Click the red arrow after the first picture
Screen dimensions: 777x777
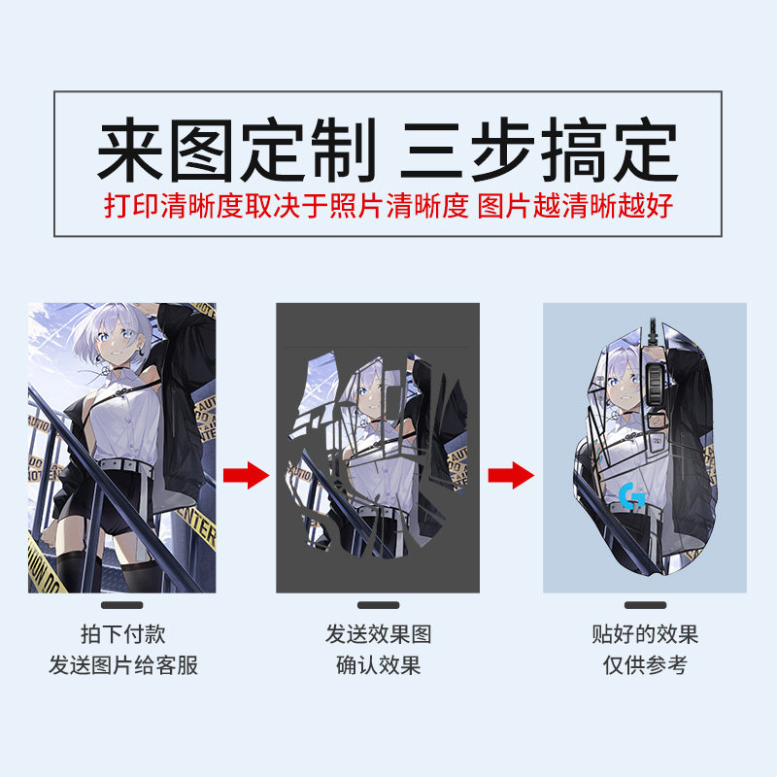pyautogui.click(x=245, y=476)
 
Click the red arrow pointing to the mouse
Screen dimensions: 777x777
pyautogui.click(x=511, y=476)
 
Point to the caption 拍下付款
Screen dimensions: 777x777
pyautogui.click(x=122, y=635)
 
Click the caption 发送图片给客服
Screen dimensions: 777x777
pyautogui.click(x=122, y=666)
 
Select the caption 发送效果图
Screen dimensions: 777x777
pyautogui.click(x=378, y=635)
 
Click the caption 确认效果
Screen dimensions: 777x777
pyautogui.click(x=378, y=666)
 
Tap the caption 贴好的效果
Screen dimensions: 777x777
pyautogui.click(x=645, y=635)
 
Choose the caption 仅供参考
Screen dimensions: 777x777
pyautogui.click(x=645, y=666)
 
